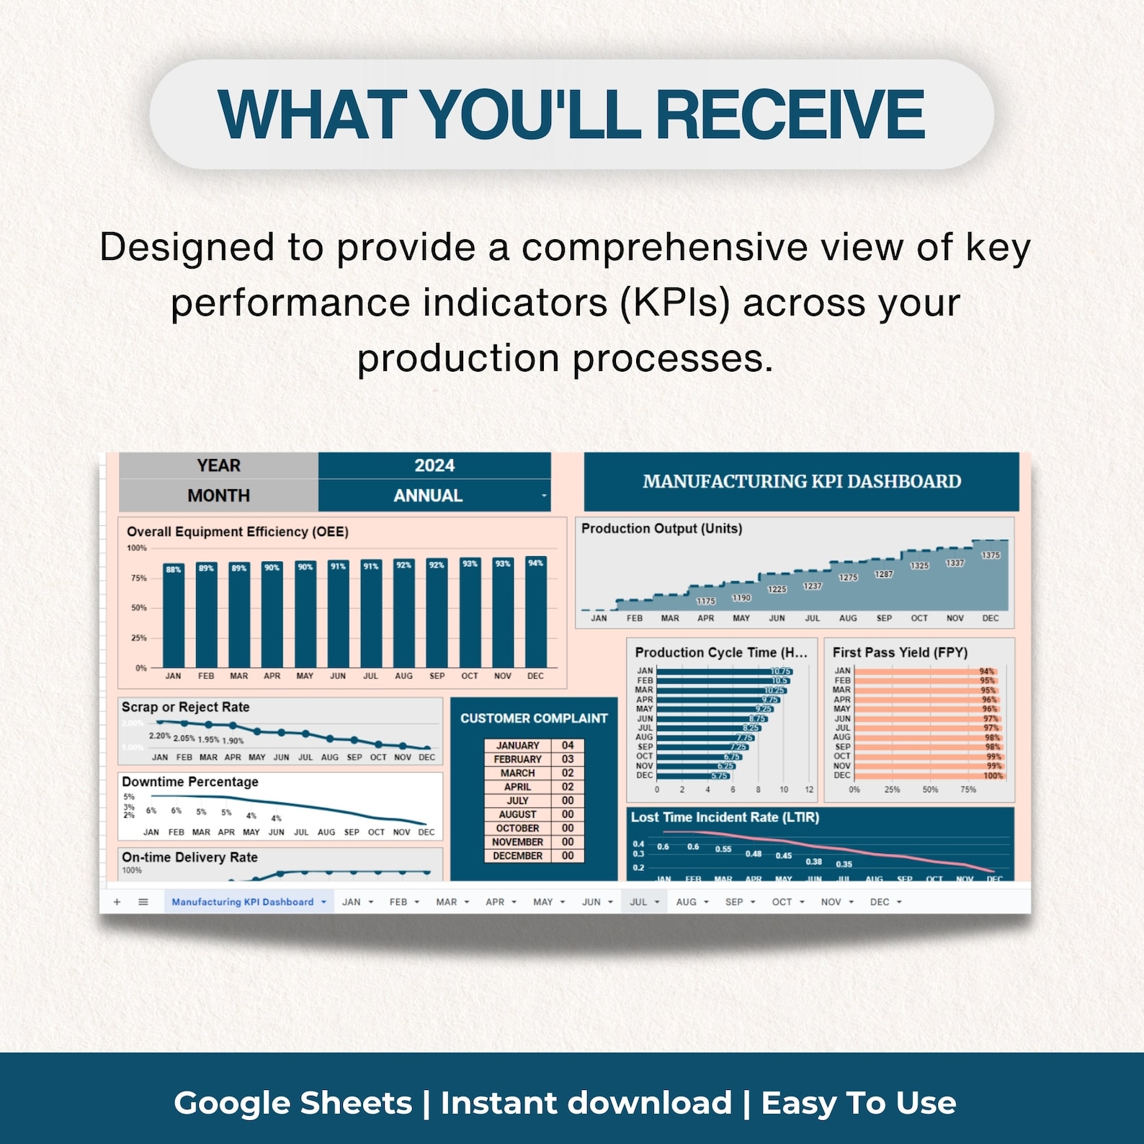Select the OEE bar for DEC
(535, 612)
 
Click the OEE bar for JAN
(174, 616)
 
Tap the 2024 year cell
(434, 465)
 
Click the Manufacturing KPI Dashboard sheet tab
(243, 902)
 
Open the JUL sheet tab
(638, 902)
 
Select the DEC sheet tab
(880, 902)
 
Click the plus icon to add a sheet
(117, 902)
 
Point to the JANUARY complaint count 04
(568, 746)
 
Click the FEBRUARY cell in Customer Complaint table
(517, 759)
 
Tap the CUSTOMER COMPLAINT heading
(534, 718)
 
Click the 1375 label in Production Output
(991, 555)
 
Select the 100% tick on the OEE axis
(137, 548)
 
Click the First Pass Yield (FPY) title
(900, 653)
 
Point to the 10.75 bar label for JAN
(781, 671)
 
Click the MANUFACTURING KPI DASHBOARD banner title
(802, 481)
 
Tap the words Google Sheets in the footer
(293, 1103)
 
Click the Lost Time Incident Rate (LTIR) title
(725, 818)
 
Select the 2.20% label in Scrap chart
(160, 736)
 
